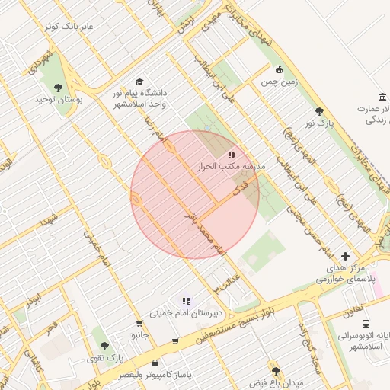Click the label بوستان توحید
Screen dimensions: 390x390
tap(62, 100)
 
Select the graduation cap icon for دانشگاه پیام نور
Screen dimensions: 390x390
tap(139, 82)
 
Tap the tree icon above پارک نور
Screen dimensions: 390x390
tap(319, 111)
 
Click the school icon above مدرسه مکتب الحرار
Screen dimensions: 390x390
tap(232, 155)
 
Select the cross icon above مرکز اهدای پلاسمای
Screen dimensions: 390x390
tap(346, 256)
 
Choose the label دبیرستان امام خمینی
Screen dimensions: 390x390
tap(185, 313)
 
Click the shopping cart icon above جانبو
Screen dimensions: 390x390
tap(138, 323)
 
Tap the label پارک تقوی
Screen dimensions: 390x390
tap(104, 357)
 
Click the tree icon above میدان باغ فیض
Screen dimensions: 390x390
tap(275, 369)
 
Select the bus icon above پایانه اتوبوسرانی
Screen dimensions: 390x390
tap(366, 324)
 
